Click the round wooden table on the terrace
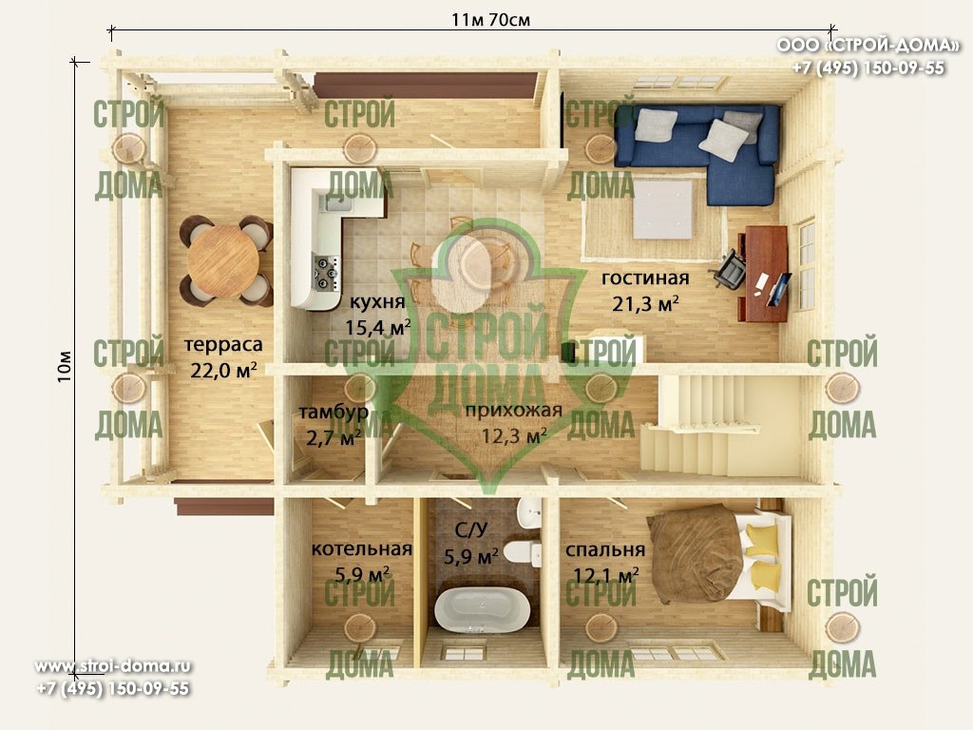coord(222,260)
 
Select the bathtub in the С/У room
coord(482,609)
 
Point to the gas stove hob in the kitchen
coord(327,273)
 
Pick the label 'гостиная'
coord(645,278)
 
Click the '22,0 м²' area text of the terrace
coord(223,370)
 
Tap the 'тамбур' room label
coord(334,412)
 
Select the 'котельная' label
coord(362,548)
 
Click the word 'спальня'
coord(605,550)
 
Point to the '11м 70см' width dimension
coord(491,20)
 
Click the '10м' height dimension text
coord(65,366)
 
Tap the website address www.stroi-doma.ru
coord(113,666)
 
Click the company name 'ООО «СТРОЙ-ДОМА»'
coord(868,46)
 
